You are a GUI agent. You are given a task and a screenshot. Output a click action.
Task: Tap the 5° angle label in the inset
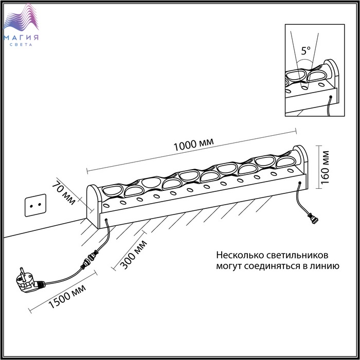306,51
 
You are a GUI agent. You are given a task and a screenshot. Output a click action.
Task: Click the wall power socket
35,204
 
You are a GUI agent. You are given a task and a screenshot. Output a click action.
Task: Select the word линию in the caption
323,266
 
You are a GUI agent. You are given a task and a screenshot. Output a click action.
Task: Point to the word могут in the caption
228,266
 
